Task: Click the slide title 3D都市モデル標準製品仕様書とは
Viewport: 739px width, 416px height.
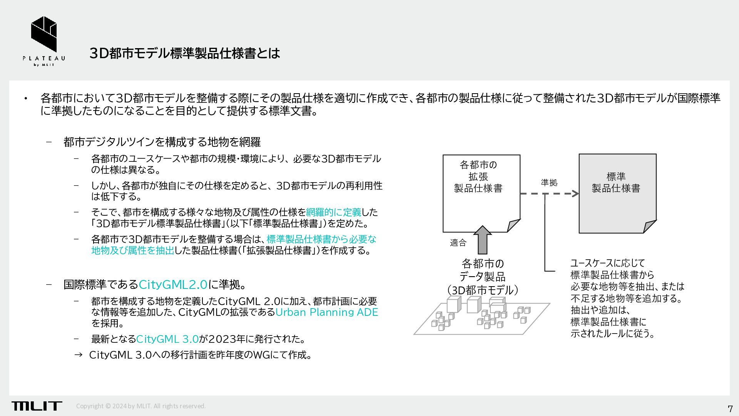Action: point(184,53)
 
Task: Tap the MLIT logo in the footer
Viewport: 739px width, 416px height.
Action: point(37,406)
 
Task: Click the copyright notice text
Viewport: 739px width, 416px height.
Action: point(141,406)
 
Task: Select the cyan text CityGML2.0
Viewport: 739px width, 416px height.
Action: point(173,285)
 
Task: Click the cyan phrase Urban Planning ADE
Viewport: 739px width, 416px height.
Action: point(327,312)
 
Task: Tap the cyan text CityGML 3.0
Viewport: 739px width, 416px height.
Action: point(167,339)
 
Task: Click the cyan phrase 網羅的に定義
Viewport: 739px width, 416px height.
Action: point(333,212)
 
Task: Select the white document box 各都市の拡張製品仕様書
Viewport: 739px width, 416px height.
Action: point(481,193)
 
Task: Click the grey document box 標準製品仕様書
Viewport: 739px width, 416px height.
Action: point(617,193)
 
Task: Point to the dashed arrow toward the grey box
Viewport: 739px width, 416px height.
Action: point(549,194)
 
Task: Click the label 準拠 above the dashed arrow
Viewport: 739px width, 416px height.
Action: point(549,183)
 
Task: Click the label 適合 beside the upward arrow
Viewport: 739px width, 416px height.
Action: point(458,243)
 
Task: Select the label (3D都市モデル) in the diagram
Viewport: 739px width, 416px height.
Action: point(482,290)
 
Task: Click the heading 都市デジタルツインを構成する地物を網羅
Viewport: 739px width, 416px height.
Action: point(162,142)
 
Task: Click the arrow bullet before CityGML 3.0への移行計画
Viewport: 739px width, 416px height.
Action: point(78,355)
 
